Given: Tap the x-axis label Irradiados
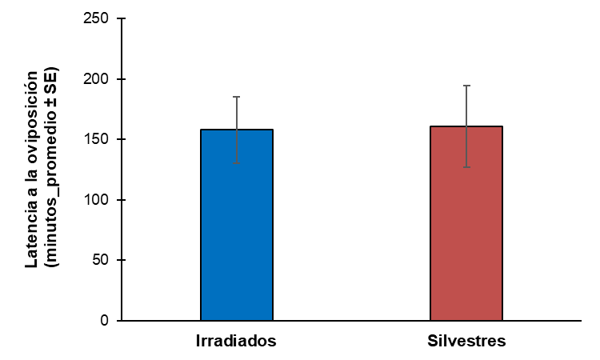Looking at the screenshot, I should pyautogui.click(x=237, y=341).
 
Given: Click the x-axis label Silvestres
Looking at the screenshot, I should pyautogui.click(x=466, y=341).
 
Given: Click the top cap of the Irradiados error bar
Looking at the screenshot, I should pyautogui.click(x=237, y=97).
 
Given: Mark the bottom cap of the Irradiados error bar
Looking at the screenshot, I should pyautogui.click(x=237, y=164).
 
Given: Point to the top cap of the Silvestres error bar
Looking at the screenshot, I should pyautogui.click(x=466, y=86).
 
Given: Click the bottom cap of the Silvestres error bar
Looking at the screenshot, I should pyautogui.click(x=466, y=167).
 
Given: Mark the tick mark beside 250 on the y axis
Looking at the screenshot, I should pyautogui.click(x=119, y=19).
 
